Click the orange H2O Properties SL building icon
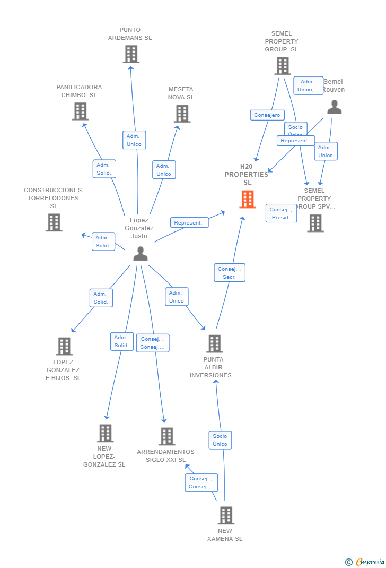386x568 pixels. (248, 200)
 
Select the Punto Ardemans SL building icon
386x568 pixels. (131, 54)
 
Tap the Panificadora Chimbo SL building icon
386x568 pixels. (80, 111)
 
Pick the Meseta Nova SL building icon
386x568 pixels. (182, 114)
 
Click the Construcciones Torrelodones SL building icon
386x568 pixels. (54, 222)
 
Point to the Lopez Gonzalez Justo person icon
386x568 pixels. (141, 254)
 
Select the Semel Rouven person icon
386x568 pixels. (334, 107)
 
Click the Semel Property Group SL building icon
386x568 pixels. (282, 66)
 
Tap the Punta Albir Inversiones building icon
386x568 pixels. (214, 344)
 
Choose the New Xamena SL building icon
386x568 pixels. (226, 515)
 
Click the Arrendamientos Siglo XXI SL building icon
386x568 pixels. (166, 436)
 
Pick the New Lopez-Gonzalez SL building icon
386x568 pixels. (105, 433)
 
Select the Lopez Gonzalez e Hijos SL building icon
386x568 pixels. (64, 347)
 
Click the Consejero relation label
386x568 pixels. (267, 115)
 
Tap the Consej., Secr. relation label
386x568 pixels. (230, 273)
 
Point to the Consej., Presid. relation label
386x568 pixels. (281, 213)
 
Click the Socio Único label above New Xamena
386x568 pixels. (220, 440)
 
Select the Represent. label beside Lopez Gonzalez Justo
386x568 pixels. (189, 223)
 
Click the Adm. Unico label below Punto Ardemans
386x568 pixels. (134, 140)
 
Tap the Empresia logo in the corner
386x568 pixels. (366, 562)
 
